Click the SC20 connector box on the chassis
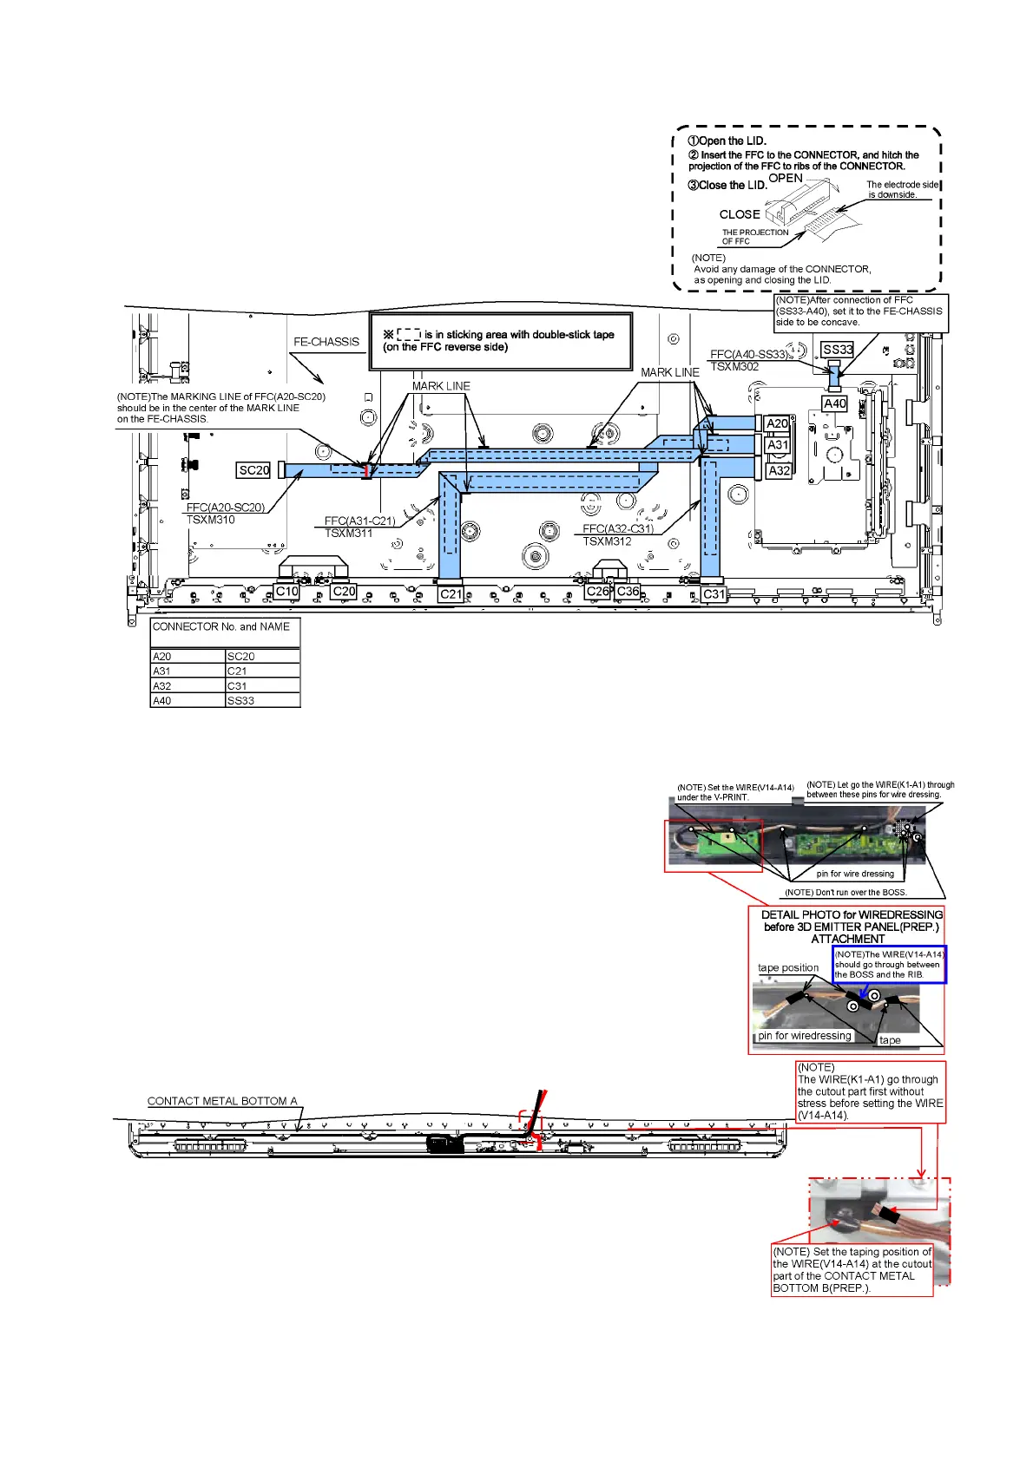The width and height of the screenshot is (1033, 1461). pyautogui.click(x=253, y=470)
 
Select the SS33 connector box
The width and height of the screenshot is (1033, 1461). pyautogui.click(x=838, y=350)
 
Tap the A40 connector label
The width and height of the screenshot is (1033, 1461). pyautogui.click(x=834, y=403)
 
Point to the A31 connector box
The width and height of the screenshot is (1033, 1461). pyautogui.click(x=778, y=445)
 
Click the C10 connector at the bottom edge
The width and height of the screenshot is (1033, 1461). pyautogui.click(x=286, y=592)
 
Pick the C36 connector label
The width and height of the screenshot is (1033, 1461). pyautogui.click(x=628, y=592)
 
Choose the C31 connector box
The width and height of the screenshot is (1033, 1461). pyautogui.click(x=714, y=594)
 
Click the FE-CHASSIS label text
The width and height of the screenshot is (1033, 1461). pyautogui.click(x=326, y=342)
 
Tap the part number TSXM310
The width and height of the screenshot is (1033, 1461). pyautogui.click(x=211, y=520)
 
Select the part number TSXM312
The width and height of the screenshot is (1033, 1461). pyautogui.click(x=607, y=541)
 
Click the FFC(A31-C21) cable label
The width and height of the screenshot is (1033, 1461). pyautogui.click(x=359, y=521)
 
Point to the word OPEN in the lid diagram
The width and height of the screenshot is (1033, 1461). pyautogui.click(x=786, y=178)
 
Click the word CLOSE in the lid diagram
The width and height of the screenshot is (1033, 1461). pyautogui.click(x=740, y=214)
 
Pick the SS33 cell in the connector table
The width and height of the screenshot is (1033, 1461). pyautogui.click(x=262, y=700)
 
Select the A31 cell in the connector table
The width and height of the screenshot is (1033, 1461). pyautogui.click(x=188, y=671)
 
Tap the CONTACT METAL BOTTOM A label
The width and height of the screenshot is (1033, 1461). pyautogui.click(x=222, y=1101)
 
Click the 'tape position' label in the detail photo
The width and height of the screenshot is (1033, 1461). pyautogui.click(x=788, y=967)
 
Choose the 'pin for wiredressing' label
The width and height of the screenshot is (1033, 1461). pyautogui.click(x=805, y=1036)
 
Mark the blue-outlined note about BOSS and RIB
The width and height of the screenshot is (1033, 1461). pyautogui.click(x=889, y=965)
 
